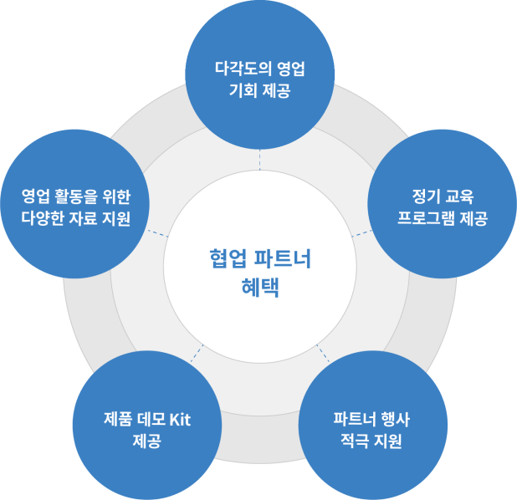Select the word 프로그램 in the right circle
pyautogui.click(x=427, y=220)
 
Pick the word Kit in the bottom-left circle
pyautogui.click(x=179, y=419)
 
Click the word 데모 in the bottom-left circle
pyautogui.click(x=148, y=419)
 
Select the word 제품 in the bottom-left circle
pyautogui.click(x=117, y=419)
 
